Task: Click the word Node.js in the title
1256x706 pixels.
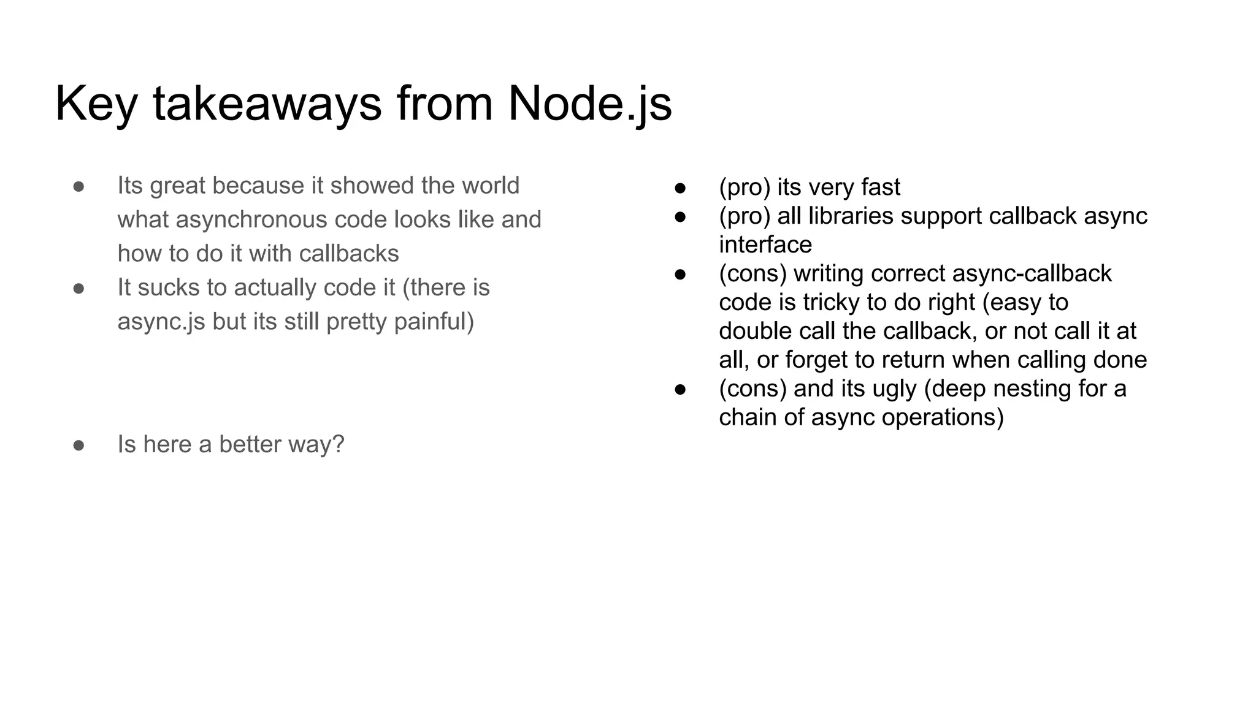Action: click(x=589, y=104)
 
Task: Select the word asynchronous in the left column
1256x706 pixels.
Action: click(x=251, y=219)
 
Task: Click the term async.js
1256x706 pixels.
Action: click(x=161, y=322)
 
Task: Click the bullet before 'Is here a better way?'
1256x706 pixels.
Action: click(x=78, y=445)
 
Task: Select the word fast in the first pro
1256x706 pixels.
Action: click(x=880, y=187)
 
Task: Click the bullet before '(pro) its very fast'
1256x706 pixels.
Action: click(x=680, y=188)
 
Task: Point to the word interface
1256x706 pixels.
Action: click(x=765, y=245)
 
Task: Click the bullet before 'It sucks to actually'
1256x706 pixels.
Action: click(x=78, y=288)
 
